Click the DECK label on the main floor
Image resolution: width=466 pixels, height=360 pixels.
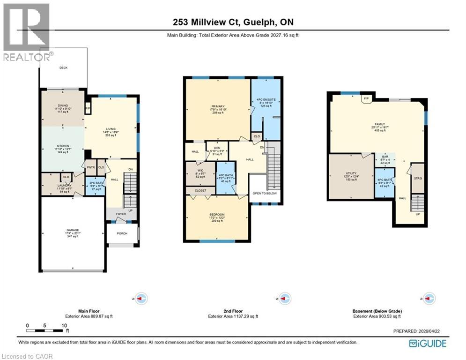(63, 68)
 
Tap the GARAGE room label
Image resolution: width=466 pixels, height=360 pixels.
(72, 231)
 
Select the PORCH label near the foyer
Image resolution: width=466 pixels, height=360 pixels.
(122, 234)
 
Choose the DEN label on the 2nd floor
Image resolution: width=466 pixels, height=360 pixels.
(217, 148)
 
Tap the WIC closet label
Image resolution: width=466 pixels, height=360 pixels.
(200, 170)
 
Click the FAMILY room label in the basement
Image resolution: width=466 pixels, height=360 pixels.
(379, 124)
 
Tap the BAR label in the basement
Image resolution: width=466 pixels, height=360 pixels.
(385, 157)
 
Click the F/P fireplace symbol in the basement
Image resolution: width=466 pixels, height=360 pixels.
(366, 99)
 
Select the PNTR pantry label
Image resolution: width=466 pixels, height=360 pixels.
(90, 167)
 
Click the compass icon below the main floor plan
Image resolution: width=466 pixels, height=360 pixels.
(141, 298)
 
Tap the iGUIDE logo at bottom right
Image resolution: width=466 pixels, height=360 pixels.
(427, 344)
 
